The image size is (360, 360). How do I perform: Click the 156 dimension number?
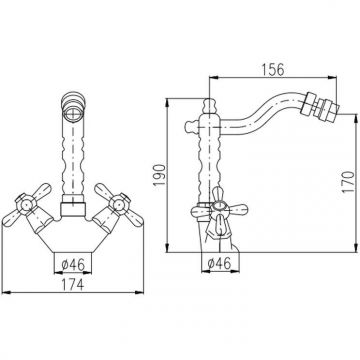tap(273, 69)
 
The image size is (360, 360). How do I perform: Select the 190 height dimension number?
tap(160, 175)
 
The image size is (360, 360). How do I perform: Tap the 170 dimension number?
tap(348, 182)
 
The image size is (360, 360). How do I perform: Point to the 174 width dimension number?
tap(72, 284)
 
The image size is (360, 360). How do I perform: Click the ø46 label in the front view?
tap(72, 265)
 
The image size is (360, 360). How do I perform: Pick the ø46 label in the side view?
tap(219, 264)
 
